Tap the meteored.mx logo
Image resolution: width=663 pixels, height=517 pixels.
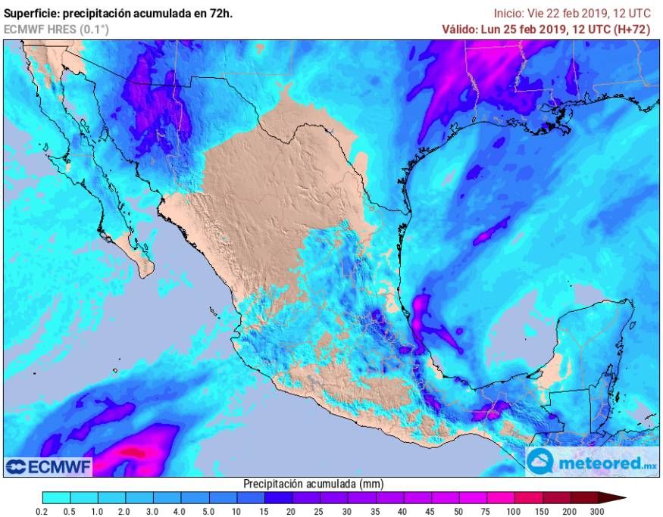pos(593,461)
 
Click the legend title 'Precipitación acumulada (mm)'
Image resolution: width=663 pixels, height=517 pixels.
pos(312,484)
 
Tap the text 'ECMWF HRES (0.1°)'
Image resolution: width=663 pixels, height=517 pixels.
pos(56,29)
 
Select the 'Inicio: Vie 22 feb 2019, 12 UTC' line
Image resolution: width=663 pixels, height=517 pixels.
pos(572,13)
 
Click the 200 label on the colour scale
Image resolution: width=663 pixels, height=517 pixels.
pos(571,512)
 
